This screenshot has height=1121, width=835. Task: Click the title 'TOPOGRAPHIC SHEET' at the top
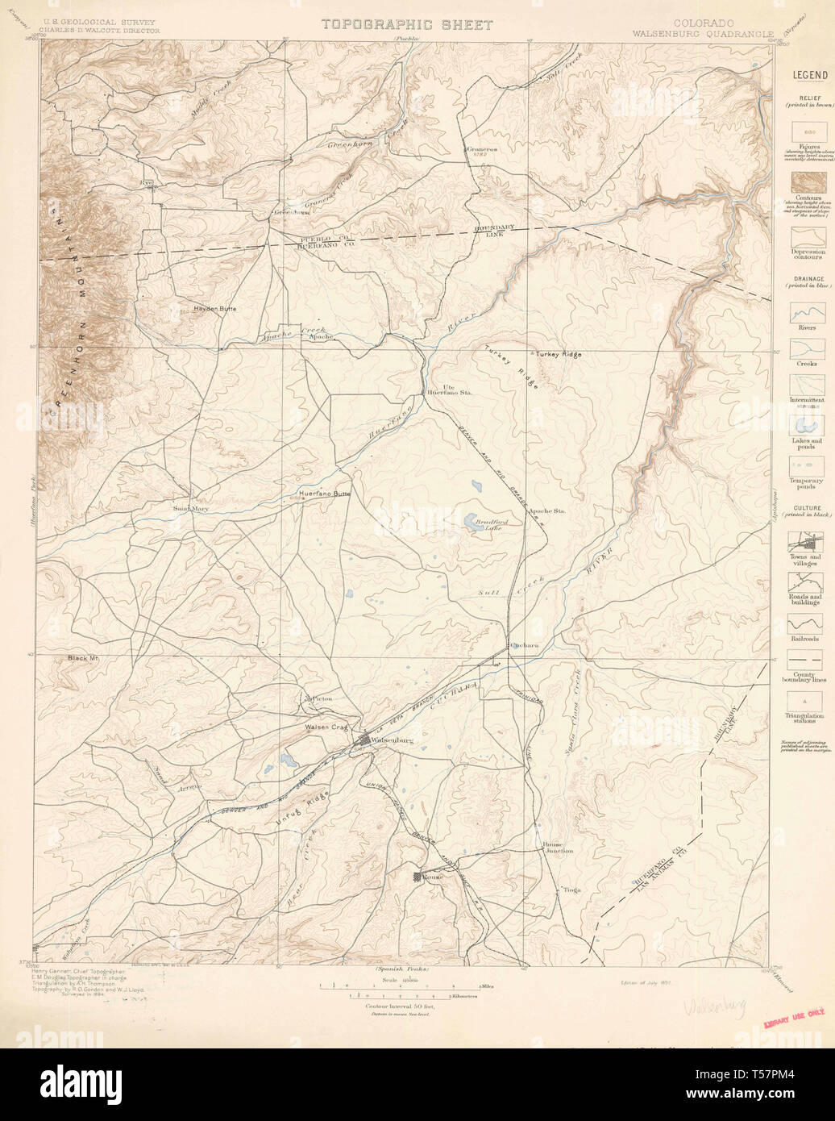tap(407, 24)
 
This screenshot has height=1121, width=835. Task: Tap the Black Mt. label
tap(83, 659)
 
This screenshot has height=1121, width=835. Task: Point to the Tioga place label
tap(571, 890)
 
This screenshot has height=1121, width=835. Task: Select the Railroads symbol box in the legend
tap(805, 623)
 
